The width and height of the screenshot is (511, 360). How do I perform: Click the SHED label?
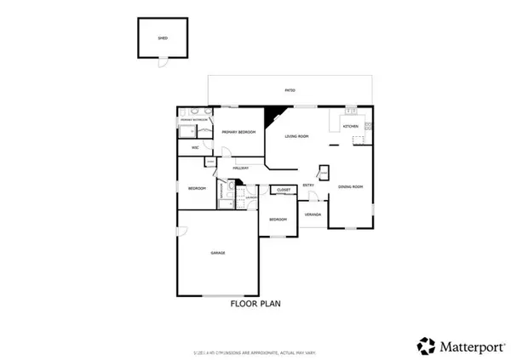point(163,39)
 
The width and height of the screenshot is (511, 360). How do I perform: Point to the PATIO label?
point(290,89)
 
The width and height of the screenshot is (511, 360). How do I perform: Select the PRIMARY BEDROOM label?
point(239,133)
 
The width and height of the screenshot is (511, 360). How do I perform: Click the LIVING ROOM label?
point(296,136)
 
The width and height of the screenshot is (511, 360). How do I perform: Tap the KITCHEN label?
point(351,126)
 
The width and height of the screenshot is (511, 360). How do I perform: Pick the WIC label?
point(195,147)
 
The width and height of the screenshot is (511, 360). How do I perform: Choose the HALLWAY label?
point(240,168)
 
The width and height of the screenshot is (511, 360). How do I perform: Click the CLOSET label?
point(284,189)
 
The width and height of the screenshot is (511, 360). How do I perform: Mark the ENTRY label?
point(308,185)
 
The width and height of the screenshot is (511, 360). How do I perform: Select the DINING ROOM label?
point(351,186)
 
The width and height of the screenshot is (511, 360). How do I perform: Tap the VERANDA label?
point(313,214)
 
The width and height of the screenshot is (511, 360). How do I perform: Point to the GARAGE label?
point(217,254)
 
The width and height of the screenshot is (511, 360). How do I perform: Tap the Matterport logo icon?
point(425,345)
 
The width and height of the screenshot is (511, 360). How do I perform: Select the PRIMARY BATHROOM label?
point(194,121)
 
